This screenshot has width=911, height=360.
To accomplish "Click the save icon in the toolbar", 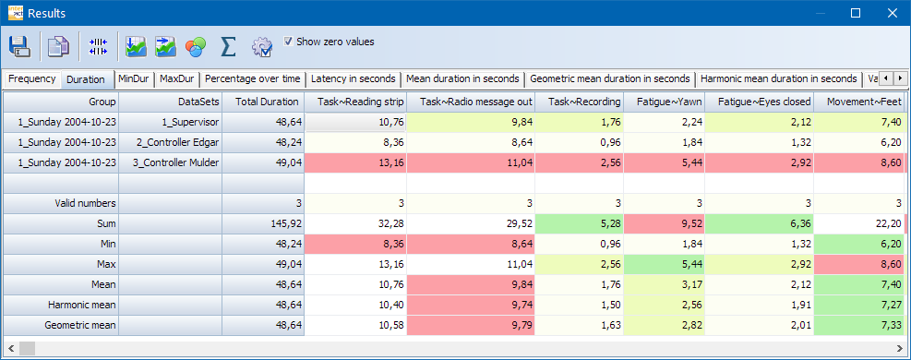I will coord(20,46).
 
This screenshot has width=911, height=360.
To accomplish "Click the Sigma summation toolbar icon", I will coord(228,46).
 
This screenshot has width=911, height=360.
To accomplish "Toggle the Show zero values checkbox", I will coord(289,42).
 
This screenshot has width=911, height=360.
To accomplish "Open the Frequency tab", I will coord(31,79).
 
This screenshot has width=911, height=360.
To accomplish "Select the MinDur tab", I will coord(134,79).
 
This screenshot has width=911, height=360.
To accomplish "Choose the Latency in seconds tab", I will coord(354,79).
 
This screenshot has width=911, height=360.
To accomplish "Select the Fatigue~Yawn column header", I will coord(665,102).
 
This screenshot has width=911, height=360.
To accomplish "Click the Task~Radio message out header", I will coord(475,102).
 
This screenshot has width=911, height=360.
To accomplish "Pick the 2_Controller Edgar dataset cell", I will coord(171,142).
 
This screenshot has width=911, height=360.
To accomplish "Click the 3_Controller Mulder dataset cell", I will coord(171,162).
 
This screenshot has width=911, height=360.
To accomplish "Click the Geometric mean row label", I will coord(61,325).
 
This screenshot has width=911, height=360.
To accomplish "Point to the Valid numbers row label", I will coord(61,203).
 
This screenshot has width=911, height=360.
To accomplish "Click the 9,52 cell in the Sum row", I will coord(665,223).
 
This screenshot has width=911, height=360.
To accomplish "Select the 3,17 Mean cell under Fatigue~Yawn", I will coord(665,284).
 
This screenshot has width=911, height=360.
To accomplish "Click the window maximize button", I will coord(856,14).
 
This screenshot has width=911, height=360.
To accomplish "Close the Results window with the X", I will coord(891,14).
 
